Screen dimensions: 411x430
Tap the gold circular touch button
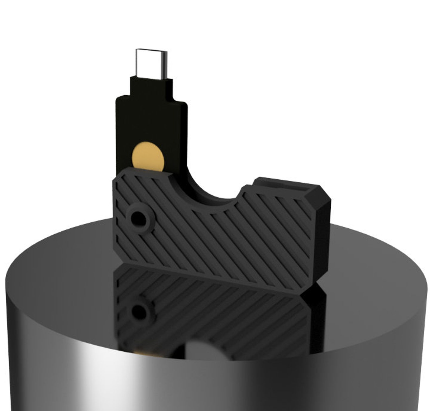(x=148, y=156)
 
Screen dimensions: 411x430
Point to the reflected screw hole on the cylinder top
(x=138, y=311)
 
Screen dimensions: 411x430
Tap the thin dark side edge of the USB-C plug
(x=165, y=64)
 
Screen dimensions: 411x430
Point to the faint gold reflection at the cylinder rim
(x=142, y=352)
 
